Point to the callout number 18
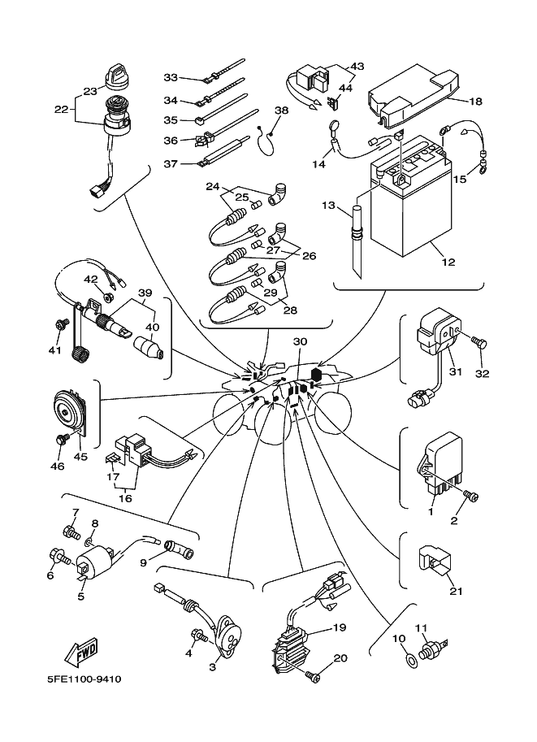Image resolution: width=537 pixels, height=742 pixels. (476, 101)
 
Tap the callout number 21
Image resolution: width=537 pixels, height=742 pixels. (454, 591)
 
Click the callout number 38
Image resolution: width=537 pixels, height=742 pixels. (281, 110)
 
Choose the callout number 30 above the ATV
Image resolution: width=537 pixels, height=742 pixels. (300, 342)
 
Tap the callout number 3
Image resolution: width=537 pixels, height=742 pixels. (214, 666)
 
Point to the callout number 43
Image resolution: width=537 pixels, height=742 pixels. (357, 66)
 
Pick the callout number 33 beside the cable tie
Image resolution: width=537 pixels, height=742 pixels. (170, 77)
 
